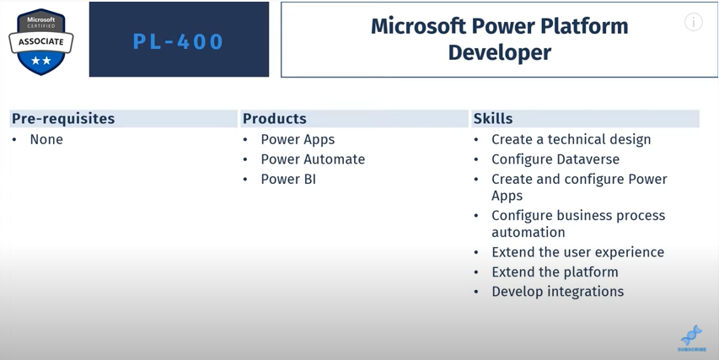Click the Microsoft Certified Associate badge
(x=40, y=41)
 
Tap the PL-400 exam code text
(x=178, y=41)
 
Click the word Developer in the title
(x=499, y=53)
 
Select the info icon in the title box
(x=694, y=22)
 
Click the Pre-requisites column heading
(x=63, y=119)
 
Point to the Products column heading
(x=275, y=119)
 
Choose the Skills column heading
(x=493, y=119)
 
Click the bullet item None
(x=46, y=139)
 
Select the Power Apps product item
(x=298, y=140)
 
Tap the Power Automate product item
(x=313, y=159)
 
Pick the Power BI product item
(x=288, y=179)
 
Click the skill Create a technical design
(x=571, y=140)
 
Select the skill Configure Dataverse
(x=555, y=159)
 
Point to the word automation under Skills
(x=529, y=233)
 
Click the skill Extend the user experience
(x=577, y=252)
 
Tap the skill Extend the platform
(x=555, y=272)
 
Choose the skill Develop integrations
(x=558, y=292)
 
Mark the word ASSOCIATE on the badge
(x=40, y=41)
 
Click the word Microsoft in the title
(x=418, y=26)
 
